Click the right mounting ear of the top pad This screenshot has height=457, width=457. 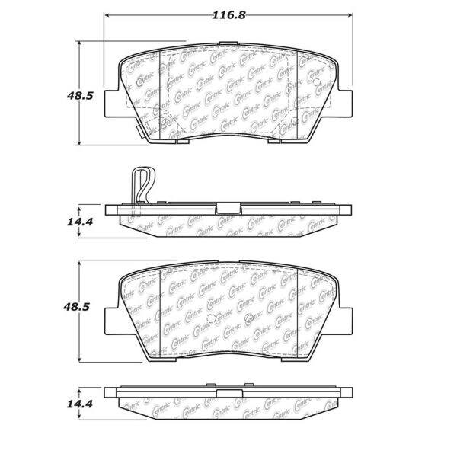click(x=345, y=103)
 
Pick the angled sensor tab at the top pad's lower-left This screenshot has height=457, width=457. click(x=140, y=131)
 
